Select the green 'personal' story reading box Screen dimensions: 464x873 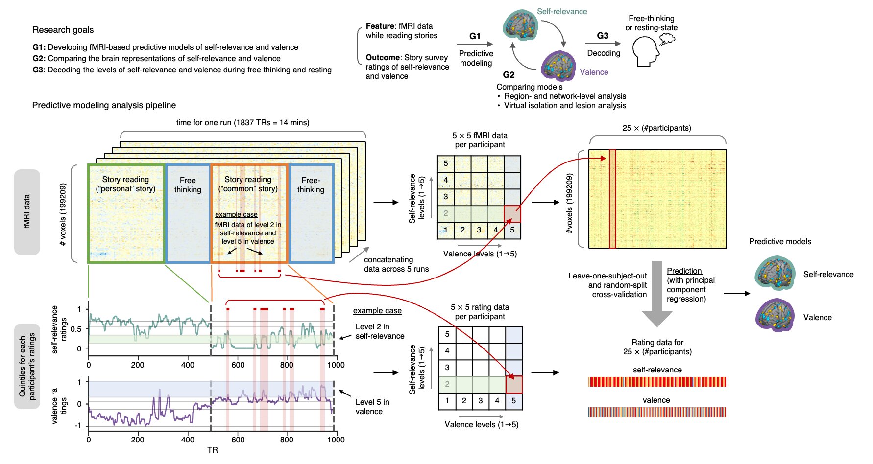(x=126, y=213)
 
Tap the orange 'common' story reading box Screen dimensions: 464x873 (x=248, y=213)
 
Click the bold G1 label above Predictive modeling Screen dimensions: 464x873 (x=475, y=36)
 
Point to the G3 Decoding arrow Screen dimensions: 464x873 (x=603, y=44)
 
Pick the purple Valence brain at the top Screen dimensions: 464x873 (x=558, y=66)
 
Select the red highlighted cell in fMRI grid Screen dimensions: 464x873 (x=512, y=214)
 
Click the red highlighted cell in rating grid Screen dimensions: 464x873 (x=513, y=384)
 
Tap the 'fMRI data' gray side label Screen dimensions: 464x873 (x=27, y=212)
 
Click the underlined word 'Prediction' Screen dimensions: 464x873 (x=684, y=271)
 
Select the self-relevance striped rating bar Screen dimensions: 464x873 (x=657, y=382)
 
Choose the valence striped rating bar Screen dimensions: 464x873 (x=657, y=412)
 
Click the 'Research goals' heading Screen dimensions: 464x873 (x=63, y=30)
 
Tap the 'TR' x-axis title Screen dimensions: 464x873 (x=212, y=450)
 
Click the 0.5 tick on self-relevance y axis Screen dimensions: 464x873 (x=76, y=329)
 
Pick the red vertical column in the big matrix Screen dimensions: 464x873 (x=612, y=199)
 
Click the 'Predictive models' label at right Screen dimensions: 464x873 (x=780, y=242)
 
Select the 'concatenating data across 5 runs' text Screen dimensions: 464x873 (x=396, y=264)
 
